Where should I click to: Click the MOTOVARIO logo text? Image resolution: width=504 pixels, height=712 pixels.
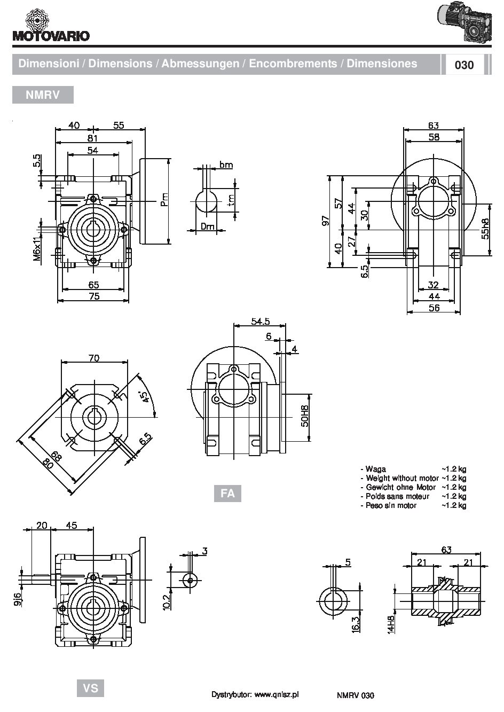51,36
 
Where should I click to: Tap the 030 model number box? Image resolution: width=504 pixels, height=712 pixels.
463,65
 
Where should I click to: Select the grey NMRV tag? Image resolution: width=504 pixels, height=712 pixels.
43,95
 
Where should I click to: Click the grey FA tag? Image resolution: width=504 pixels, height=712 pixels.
227,493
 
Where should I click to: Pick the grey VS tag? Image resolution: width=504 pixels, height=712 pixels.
91,687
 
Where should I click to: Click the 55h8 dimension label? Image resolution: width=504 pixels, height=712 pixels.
485,229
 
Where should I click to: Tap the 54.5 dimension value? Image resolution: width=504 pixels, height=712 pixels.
261,322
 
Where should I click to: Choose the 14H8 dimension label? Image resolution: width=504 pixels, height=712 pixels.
391,624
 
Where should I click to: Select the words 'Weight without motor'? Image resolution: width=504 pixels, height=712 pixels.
402,478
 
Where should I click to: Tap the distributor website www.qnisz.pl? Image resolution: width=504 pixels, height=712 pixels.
277,694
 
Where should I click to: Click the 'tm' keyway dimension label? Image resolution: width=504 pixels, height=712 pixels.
231,200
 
